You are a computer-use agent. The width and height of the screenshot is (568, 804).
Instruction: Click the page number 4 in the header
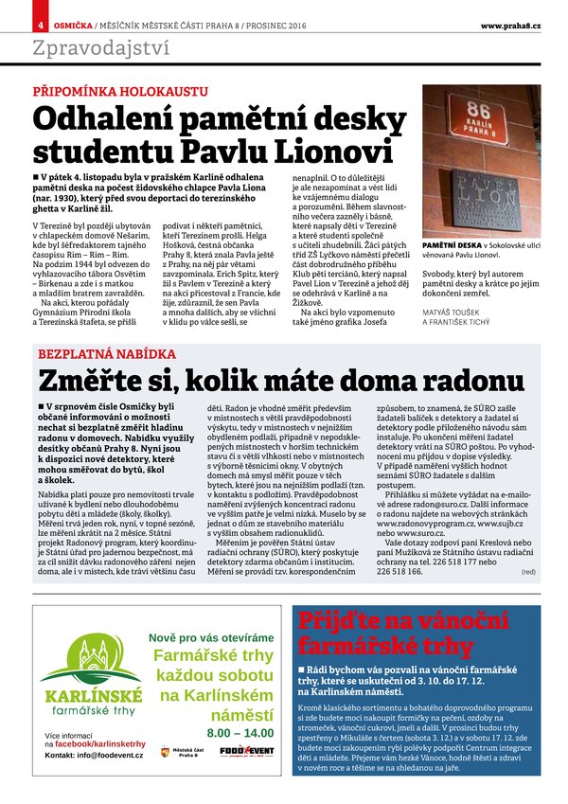coord(41,25)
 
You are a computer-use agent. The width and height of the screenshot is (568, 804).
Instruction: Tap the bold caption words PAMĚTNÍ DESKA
coord(452,244)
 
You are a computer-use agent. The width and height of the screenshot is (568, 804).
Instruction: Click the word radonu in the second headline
coord(469,381)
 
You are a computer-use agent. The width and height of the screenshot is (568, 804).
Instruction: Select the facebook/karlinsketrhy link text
coord(99,744)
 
